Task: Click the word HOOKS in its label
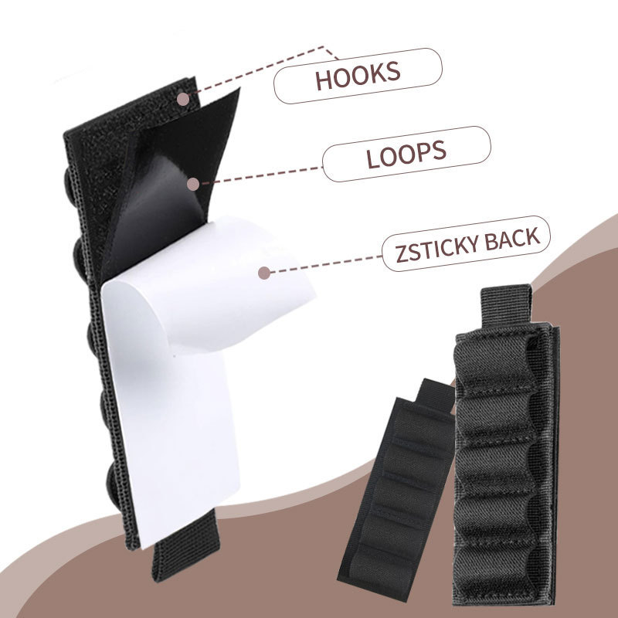coord(357,75)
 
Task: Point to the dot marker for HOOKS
coord(183,99)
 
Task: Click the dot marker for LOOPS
coord(193,184)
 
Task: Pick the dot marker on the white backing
coord(264,272)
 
